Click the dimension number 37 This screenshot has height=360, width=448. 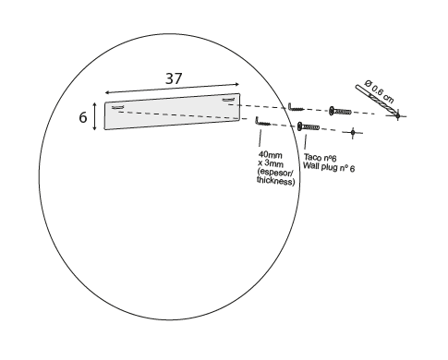174,78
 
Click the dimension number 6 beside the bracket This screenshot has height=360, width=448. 83,117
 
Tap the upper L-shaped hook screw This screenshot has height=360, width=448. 295,108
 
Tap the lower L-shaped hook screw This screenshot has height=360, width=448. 262,122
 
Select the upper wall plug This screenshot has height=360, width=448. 340,111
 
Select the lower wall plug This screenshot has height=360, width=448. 309,126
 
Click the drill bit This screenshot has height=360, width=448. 377,102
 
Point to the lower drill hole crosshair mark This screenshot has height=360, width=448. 353,133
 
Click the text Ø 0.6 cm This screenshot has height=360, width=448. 379,91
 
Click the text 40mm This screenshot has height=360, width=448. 271,154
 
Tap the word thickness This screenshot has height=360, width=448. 275,181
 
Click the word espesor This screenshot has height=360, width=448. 275,172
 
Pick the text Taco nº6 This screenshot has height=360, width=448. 320,158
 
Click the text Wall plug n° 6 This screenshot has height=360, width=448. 329,167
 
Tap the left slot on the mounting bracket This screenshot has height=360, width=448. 117,107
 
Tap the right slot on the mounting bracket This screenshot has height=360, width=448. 228,99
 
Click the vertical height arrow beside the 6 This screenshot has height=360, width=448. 95,116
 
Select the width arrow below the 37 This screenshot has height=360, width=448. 172,88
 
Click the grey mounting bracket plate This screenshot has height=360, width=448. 173,112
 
